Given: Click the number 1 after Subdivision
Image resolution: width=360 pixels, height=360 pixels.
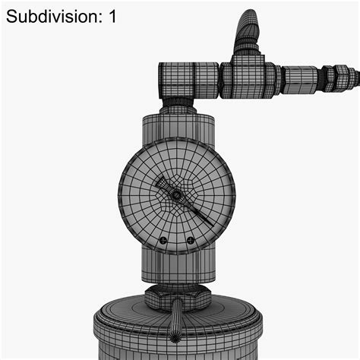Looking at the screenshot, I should tap(112, 17).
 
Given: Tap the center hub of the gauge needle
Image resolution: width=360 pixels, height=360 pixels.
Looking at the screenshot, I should tap(176, 195).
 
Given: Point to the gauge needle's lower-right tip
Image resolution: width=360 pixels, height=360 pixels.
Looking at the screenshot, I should tap(210, 222).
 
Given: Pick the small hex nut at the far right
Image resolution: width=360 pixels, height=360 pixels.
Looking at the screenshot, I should tap(330, 77).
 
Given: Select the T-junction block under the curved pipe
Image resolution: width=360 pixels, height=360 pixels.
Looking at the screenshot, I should tap(247, 77).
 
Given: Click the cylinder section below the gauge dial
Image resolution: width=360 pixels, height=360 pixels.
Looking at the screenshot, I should tap(176, 266).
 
